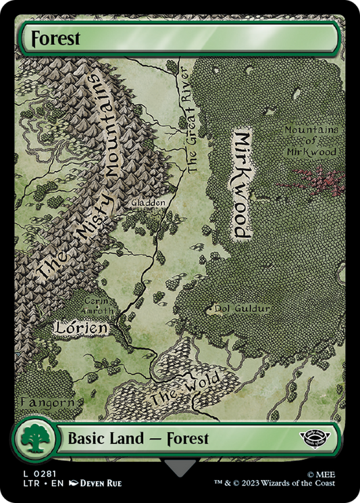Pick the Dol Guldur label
pos(242,309)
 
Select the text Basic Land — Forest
pos(138,439)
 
